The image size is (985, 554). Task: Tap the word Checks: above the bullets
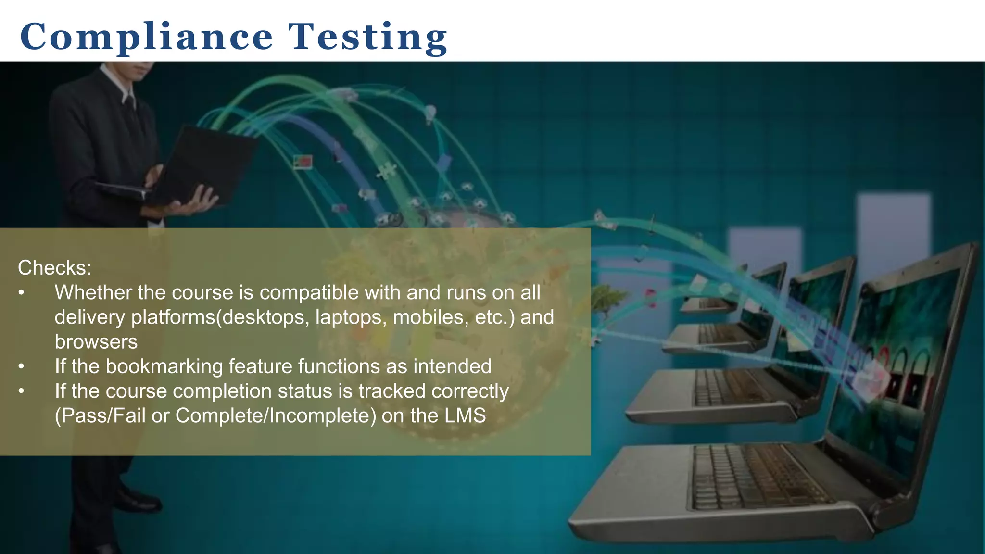54,268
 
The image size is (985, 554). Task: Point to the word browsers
96,342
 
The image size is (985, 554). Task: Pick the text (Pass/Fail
100,416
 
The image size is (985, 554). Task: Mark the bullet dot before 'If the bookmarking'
21,367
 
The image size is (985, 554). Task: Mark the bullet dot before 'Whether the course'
21,293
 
